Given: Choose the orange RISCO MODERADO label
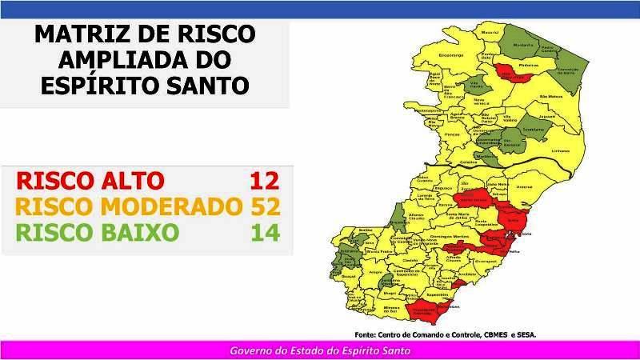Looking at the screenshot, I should (x=129, y=206).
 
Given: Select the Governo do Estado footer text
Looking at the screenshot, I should (x=320, y=351).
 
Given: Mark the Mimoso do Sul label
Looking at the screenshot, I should (x=391, y=308).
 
